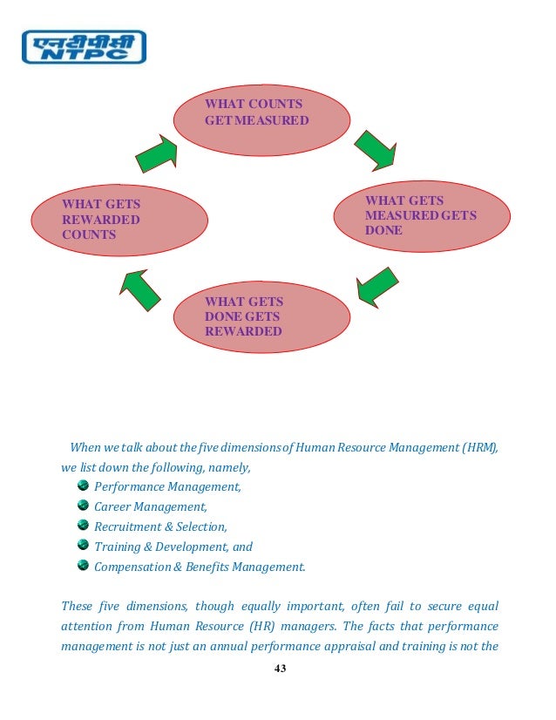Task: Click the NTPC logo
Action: [x=83, y=47]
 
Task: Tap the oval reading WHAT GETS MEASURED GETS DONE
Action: [x=420, y=217]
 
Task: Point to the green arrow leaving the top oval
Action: [x=376, y=150]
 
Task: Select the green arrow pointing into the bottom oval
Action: [x=377, y=285]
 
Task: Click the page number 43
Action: [x=280, y=669]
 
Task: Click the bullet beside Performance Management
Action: [x=83, y=486]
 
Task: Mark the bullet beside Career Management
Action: [x=83, y=506]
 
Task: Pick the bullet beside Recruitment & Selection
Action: [x=83, y=526]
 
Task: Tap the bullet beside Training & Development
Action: [x=83, y=546]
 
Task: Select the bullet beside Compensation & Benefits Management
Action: [x=83, y=566]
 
